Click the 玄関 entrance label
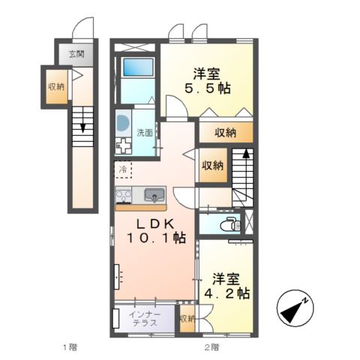pyautogui.click(x=76, y=54)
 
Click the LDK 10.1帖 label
pyautogui.click(x=155, y=230)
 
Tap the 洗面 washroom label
pyautogui.click(x=144, y=133)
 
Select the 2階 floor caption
pyautogui.click(x=211, y=346)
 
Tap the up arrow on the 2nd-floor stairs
pyautogui.click(x=244, y=160)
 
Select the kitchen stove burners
pyautogui.click(x=123, y=196)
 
